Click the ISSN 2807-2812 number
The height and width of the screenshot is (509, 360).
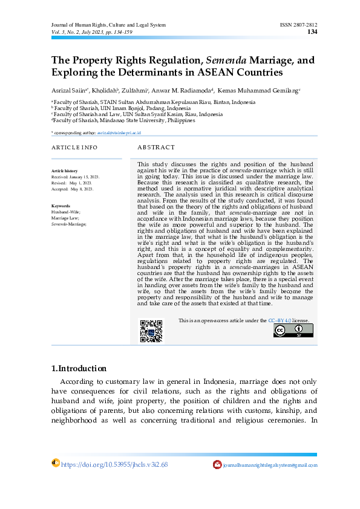pos(296,25)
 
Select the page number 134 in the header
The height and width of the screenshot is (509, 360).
pos(312,31)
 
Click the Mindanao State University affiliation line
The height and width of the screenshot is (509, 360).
pos(124,120)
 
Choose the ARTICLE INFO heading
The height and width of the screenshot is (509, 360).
pos(74,148)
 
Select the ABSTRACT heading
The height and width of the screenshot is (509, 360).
pos(156,148)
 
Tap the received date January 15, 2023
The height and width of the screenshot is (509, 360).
pos(84,177)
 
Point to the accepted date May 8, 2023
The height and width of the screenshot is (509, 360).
pos(82,189)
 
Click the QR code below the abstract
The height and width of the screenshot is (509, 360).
pos(151,331)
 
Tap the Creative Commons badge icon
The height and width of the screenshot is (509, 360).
pos(288,330)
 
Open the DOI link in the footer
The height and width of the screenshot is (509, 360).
pos(114,464)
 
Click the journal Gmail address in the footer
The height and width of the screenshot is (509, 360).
pos(270,465)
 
